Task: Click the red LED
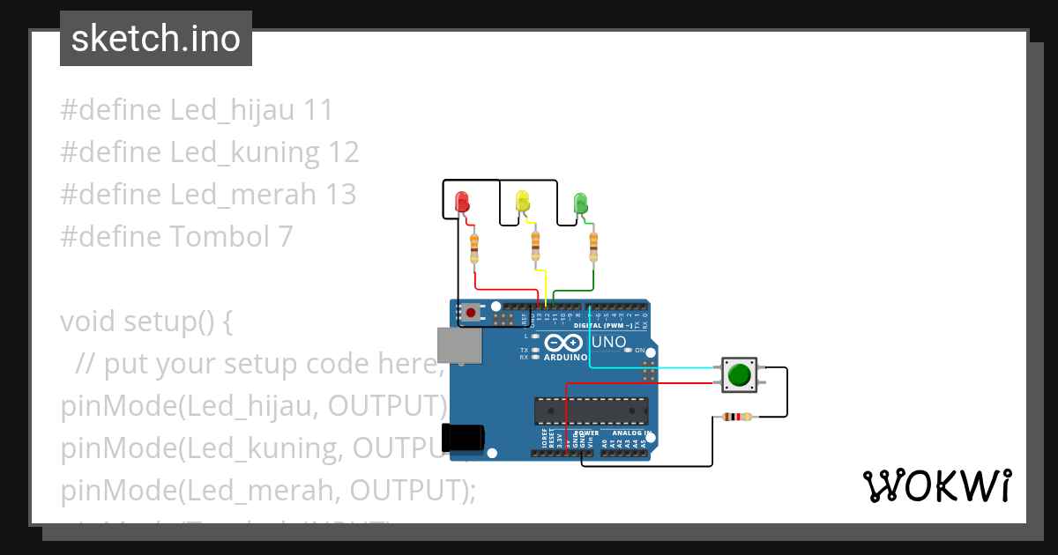tap(461, 202)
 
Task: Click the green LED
tap(580, 203)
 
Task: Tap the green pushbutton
tap(738, 374)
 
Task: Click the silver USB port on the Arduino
tap(459, 345)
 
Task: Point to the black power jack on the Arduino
tap(462, 438)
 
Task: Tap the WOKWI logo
tap(936, 486)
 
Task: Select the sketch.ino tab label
tap(156, 39)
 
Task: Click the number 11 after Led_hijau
tap(317, 110)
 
